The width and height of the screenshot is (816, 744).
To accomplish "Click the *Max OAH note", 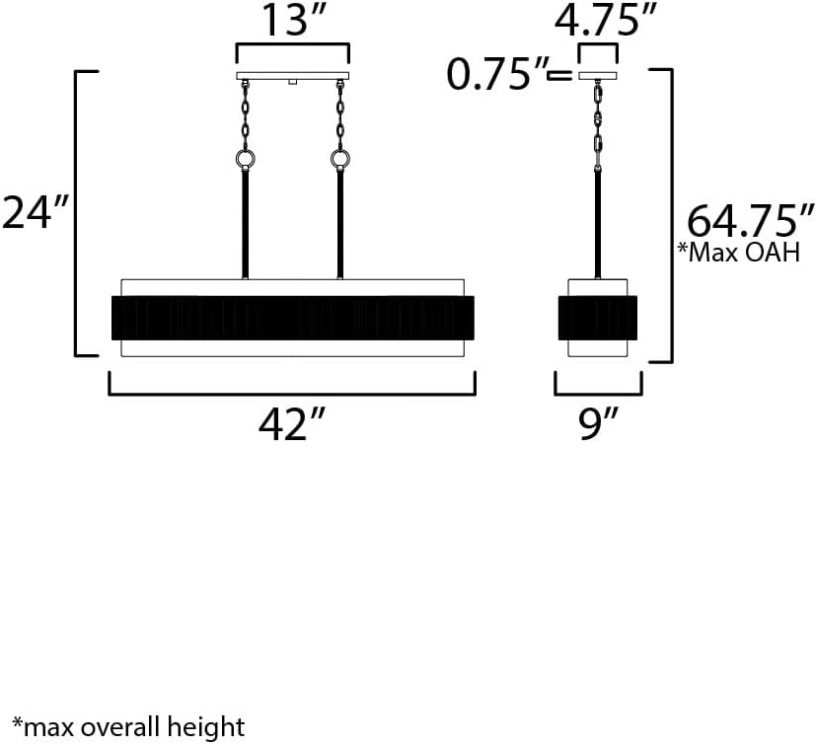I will (x=738, y=253).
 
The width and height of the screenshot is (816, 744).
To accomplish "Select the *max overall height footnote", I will (x=127, y=728).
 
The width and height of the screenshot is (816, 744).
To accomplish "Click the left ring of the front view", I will (x=245, y=161).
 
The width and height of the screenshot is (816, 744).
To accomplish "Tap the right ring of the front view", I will (x=340, y=161).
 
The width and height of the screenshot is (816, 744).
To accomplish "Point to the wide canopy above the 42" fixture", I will (x=292, y=77).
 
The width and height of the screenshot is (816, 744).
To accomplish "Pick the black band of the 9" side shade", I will (x=598, y=317).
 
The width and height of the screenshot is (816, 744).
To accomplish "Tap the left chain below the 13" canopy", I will (x=245, y=113).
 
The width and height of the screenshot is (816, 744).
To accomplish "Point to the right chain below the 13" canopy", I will (x=340, y=113).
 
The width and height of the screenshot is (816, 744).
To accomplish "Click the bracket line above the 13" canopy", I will (x=292, y=45).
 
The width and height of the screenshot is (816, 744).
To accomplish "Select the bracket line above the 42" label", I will (x=292, y=392).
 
